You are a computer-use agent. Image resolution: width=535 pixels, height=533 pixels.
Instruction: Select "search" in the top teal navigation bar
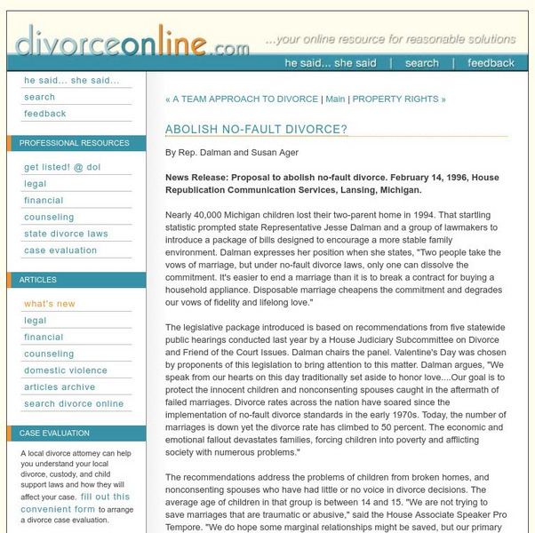coord(421,63)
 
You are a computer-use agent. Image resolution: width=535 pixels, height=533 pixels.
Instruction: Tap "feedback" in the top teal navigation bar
coord(491,63)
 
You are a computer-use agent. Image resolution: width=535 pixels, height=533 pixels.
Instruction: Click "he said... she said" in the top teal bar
coord(330,63)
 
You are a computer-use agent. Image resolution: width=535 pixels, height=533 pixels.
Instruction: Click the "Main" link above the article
coord(335,99)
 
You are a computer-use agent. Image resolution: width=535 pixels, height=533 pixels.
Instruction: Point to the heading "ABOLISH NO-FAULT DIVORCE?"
coord(256,130)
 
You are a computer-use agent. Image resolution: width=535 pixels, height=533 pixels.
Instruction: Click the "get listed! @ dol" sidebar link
coord(61,167)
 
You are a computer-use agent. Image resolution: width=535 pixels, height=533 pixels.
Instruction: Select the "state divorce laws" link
coord(66,234)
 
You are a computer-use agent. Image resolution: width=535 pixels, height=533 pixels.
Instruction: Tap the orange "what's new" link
coord(50,304)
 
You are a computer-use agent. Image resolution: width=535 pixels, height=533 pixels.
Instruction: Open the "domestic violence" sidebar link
coord(66,370)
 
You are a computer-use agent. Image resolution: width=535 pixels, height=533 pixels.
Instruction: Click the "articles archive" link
coord(60,387)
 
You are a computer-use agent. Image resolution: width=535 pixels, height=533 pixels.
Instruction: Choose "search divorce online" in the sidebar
coord(74,404)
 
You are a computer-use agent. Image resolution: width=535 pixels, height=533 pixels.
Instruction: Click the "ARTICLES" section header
coord(37,280)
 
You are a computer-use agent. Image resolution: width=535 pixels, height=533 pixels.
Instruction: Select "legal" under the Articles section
coord(36,321)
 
